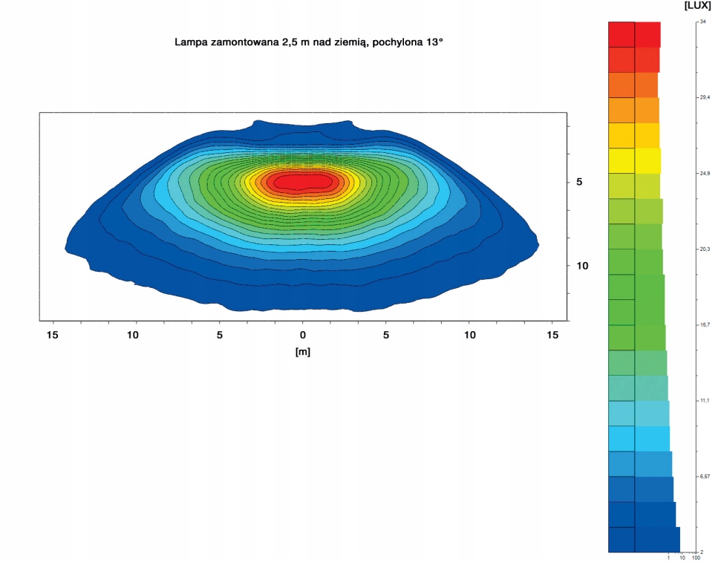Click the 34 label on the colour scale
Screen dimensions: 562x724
(702, 23)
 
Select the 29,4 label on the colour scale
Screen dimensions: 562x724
(705, 97)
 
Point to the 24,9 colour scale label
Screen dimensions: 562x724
(705, 174)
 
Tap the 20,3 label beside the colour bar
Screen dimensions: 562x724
(705, 249)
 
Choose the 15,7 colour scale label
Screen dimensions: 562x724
(705, 325)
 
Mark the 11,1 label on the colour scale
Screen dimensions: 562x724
(705, 401)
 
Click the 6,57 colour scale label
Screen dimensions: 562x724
(705, 477)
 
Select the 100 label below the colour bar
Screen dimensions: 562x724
(696, 558)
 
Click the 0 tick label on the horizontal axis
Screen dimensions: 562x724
(302, 335)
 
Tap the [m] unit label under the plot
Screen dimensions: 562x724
(302, 352)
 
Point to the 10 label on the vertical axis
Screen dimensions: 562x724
(582, 266)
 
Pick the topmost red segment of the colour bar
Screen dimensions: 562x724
(633, 35)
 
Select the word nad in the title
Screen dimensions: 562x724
(314, 42)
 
